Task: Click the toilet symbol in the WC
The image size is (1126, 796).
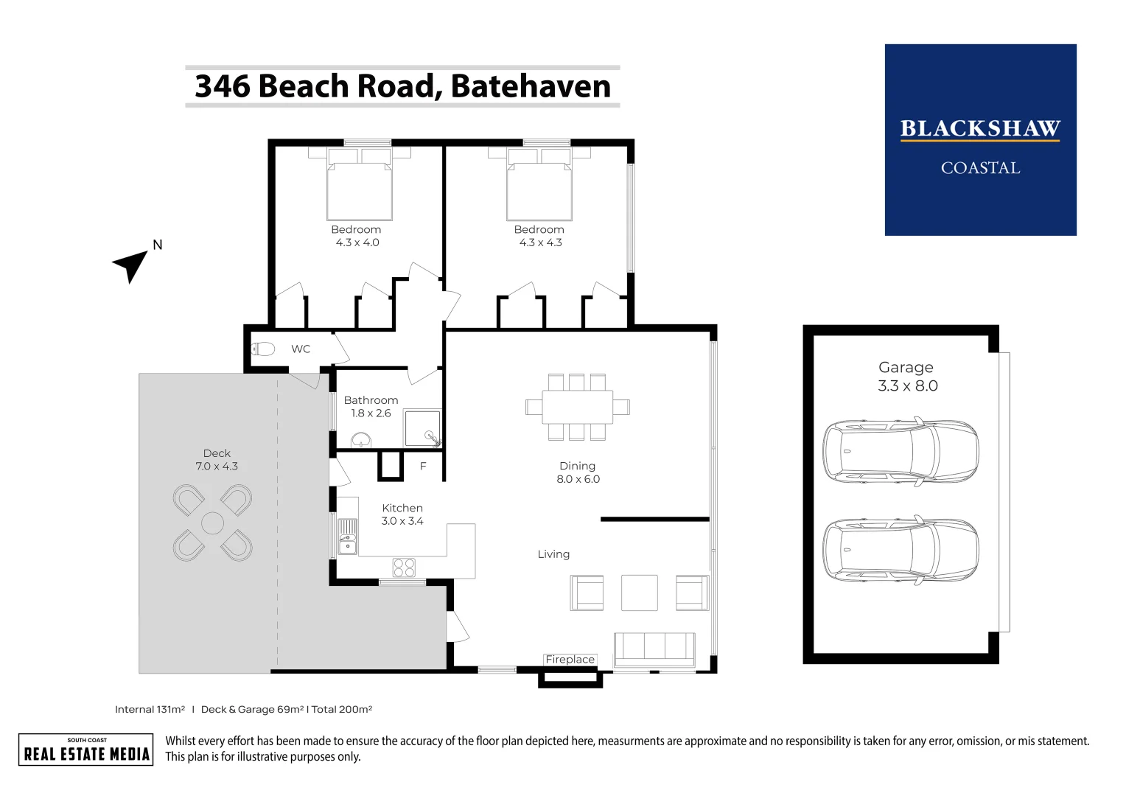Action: point(263,349)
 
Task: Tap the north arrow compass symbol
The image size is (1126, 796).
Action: point(131,264)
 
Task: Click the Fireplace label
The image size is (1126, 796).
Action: point(570,659)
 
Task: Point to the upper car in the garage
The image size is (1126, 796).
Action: point(900,452)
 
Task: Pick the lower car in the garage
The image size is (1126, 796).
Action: point(900,550)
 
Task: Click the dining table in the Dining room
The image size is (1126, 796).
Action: point(577,407)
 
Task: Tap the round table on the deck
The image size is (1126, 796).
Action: point(212,523)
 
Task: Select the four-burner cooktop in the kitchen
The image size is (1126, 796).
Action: point(404,567)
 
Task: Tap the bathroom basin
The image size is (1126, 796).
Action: point(361,441)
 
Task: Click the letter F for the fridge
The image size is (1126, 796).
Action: point(423,466)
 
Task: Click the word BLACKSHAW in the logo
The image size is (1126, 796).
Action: point(979,129)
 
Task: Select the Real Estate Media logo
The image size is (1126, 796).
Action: point(86,750)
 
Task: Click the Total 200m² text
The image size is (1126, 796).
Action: point(342,709)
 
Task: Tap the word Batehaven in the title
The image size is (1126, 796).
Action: point(531,86)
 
